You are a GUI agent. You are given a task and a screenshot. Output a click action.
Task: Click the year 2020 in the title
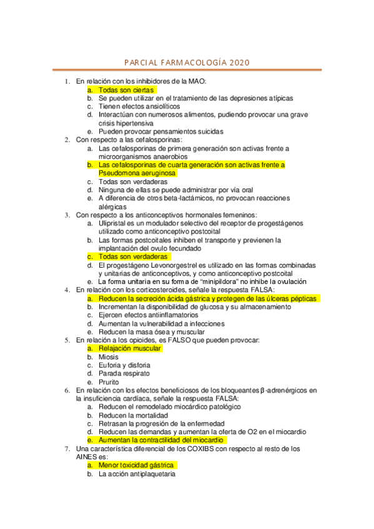(x=239, y=63)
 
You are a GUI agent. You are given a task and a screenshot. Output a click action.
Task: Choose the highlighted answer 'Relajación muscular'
(x=130, y=348)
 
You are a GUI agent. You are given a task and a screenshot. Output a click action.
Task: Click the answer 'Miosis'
(x=109, y=357)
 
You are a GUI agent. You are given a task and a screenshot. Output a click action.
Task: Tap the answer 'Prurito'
(x=109, y=382)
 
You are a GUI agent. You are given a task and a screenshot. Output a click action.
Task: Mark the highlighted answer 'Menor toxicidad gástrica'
(x=137, y=465)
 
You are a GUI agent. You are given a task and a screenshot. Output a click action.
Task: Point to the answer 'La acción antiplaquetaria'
(x=137, y=473)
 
